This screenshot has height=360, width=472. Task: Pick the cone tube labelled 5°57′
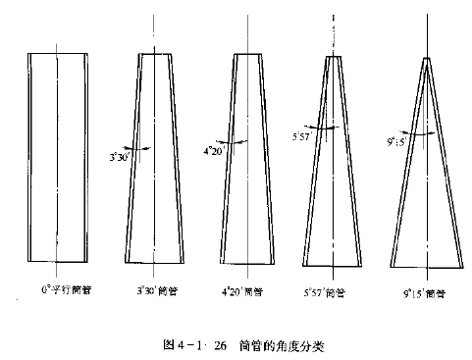click(x=335, y=167)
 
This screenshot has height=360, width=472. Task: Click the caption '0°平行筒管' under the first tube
click(x=60, y=291)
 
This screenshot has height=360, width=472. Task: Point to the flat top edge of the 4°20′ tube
click(x=248, y=52)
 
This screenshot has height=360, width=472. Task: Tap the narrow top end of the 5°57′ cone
click(x=335, y=57)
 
